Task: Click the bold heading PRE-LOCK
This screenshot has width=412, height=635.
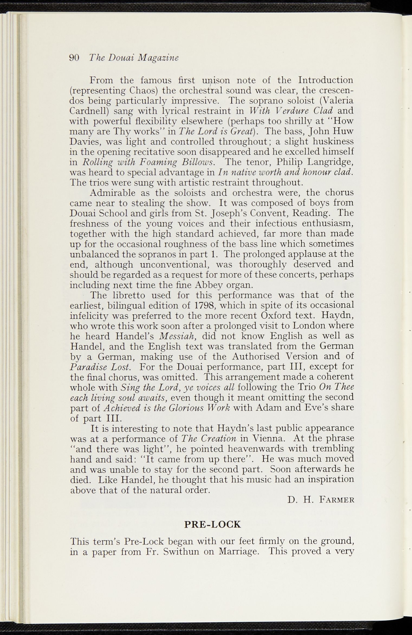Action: tap(212, 524)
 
